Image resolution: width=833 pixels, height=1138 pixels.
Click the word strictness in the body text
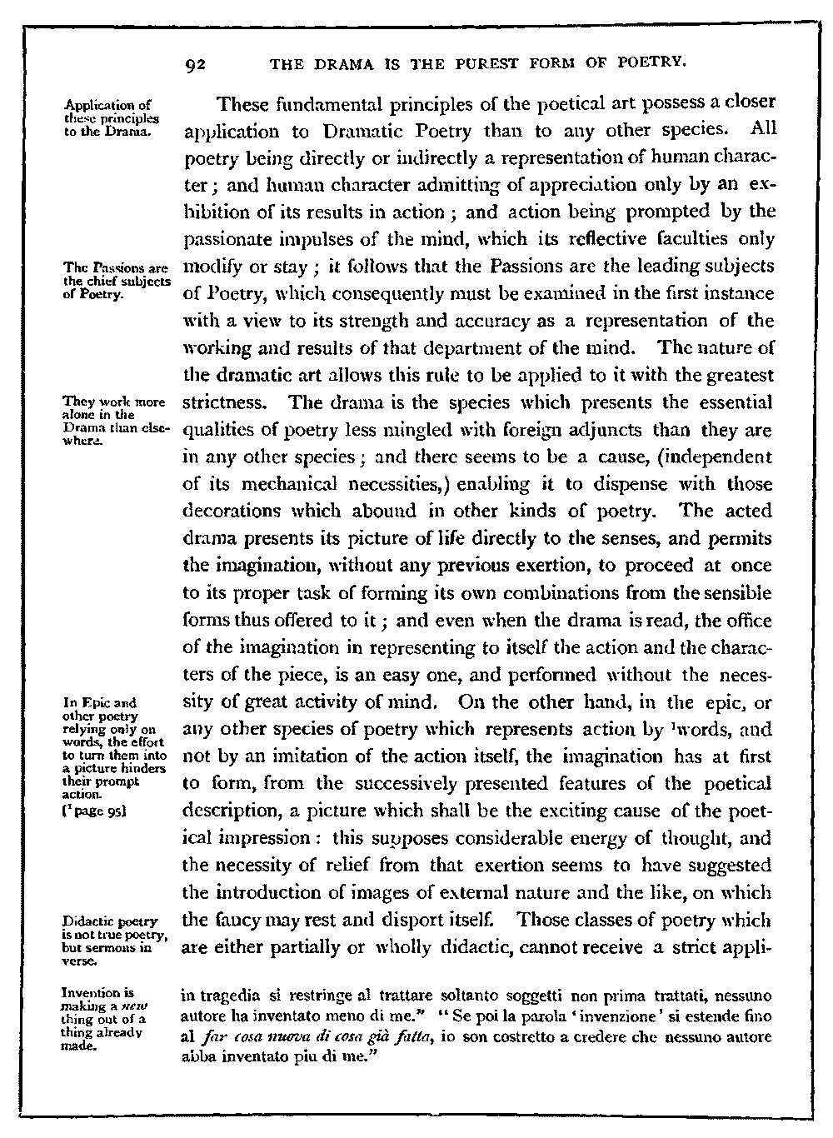pos(222,403)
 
